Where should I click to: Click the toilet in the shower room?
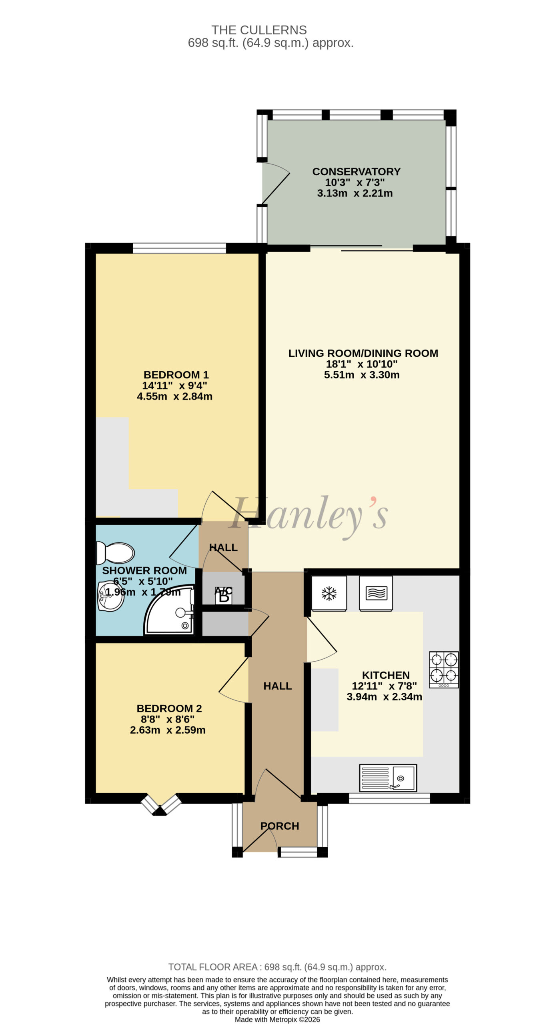[x=115, y=553]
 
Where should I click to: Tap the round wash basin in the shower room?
[x=110, y=596]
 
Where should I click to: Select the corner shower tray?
[x=170, y=610]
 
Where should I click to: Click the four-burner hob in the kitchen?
[x=444, y=670]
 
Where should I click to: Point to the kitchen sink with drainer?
[x=388, y=778]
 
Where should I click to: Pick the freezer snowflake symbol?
[x=329, y=594]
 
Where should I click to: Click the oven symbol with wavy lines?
[x=376, y=593]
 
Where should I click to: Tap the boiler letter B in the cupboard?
[x=224, y=597]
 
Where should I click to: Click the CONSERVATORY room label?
[x=356, y=172]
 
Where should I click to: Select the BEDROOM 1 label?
[x=176, y=375]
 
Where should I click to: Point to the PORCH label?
[x=280, y=826]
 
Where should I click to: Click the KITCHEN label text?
[x=386, y=675]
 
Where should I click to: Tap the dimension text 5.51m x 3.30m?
[x=362, y=375]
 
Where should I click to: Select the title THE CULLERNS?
[x=259, y=30]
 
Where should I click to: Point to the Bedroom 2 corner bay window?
[x=160, y=804]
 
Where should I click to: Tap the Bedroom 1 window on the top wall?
[x=179, y=248]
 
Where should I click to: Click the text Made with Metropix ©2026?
[x=277, y=1020]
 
